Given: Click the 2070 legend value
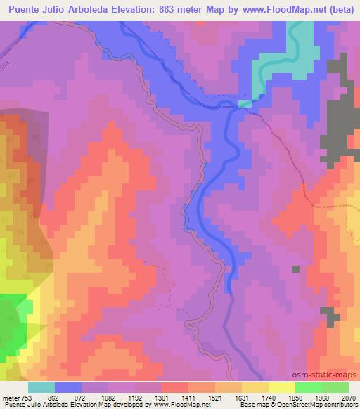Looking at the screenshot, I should coord(347,397).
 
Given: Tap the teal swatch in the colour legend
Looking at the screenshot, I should coord(41,387).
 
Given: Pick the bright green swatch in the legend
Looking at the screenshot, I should coord(309,387).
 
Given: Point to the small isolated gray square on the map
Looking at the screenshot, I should coord(296,268).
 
